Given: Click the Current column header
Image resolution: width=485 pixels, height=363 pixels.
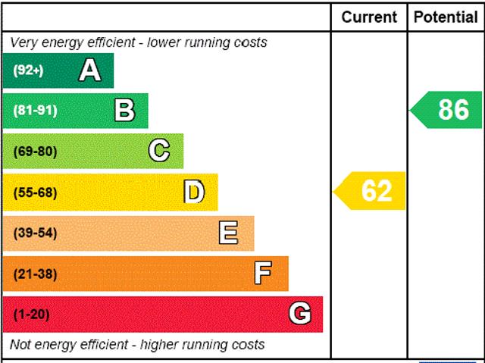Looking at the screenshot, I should (369, 17).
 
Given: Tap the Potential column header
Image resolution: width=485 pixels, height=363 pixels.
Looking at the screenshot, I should (446, 17).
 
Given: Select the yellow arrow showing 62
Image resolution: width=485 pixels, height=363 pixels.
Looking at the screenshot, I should (371, 191).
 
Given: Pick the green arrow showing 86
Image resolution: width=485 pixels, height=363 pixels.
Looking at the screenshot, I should (447, 110).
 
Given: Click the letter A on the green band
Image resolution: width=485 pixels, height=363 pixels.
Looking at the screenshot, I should (89, 70).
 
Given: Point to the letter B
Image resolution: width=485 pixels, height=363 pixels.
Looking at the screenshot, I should (124, 111).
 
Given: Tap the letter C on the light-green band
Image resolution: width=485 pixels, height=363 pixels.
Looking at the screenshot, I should (158, 151).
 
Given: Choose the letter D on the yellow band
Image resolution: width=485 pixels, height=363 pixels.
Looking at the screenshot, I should (194, 192).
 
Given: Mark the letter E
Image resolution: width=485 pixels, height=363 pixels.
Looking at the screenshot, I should (228, 233).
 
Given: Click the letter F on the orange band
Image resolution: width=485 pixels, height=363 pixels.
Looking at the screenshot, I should (263, 274).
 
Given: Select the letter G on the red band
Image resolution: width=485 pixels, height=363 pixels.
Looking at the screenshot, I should (300, 314).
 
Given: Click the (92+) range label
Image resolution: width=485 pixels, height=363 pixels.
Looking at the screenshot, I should (28, 70).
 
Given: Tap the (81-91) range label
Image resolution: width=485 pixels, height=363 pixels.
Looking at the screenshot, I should (35, 111).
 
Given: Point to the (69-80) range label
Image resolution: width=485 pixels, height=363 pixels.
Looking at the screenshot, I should (35, 152).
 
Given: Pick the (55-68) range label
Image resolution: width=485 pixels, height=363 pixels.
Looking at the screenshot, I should (35, 192).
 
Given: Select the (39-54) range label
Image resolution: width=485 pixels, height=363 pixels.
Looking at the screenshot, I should (35, 233).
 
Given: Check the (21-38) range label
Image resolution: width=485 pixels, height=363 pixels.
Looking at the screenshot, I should (35, 274).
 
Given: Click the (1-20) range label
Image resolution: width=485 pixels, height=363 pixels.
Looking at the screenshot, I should (32, 314).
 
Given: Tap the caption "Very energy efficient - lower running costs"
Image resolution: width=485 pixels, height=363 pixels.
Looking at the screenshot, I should (139, 42).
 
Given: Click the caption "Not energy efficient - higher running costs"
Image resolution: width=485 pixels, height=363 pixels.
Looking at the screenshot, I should (137, 345).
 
